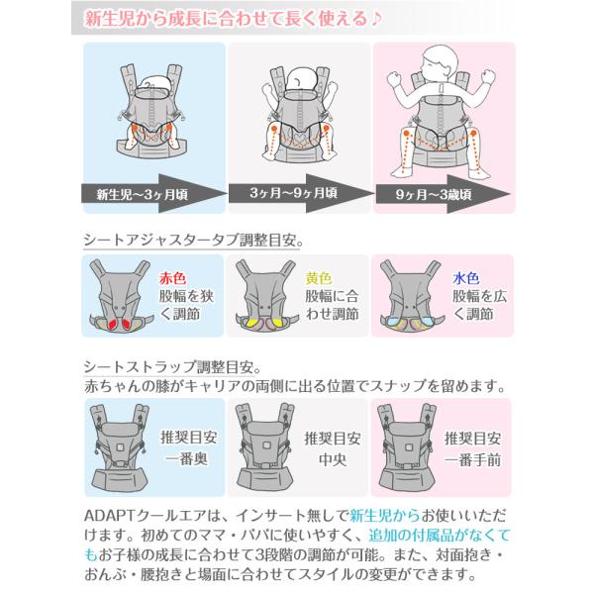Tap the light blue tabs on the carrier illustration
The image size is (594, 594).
[407, 326]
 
